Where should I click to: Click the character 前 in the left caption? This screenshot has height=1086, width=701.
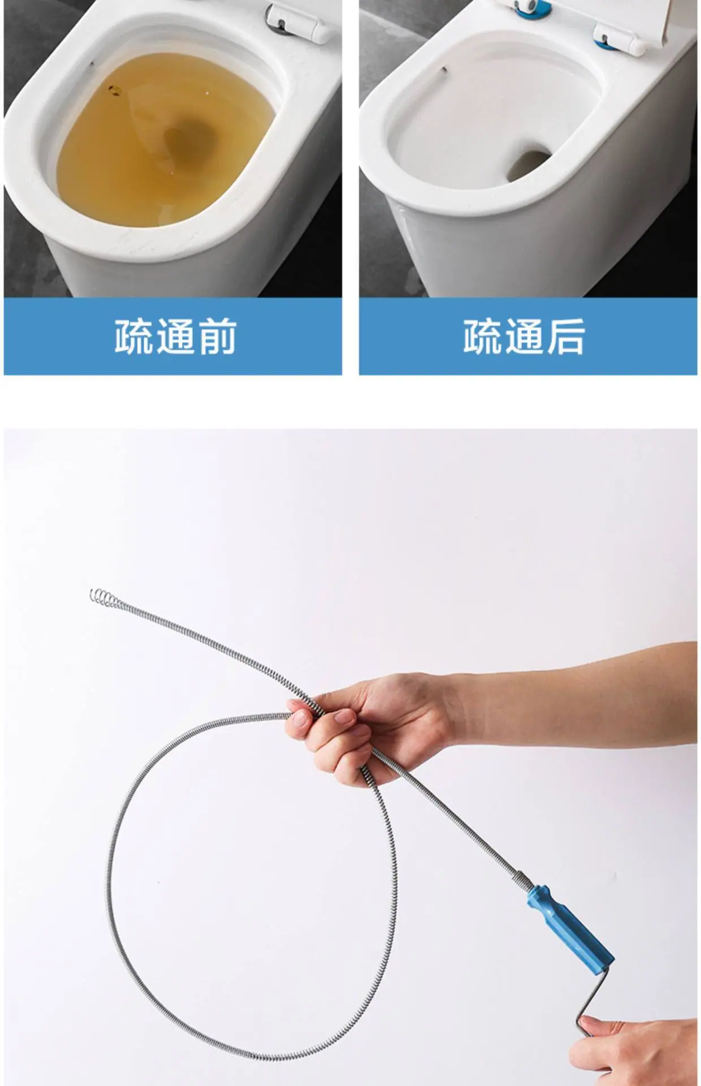(x=215, y=337)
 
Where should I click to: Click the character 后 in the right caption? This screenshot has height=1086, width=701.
(x=565, y=337)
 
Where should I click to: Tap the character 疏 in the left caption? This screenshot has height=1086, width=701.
(x=133, y=337)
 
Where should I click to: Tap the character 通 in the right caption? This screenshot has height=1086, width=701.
(x=523, y=337)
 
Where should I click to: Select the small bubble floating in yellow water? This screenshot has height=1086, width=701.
(x=115, y=89)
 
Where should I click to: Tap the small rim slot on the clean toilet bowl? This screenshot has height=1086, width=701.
(x=444, y=70)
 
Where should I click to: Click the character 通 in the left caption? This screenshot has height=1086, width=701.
(x=174, y=337)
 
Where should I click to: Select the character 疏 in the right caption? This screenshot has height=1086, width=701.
(x=482, y=337)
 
